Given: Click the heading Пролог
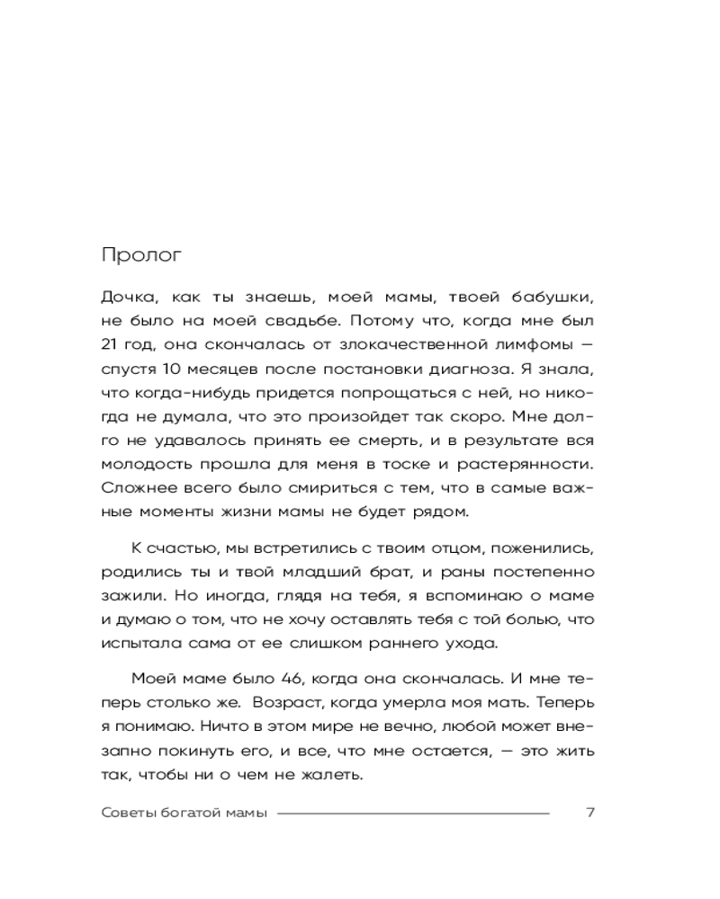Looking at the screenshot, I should [142, 254].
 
